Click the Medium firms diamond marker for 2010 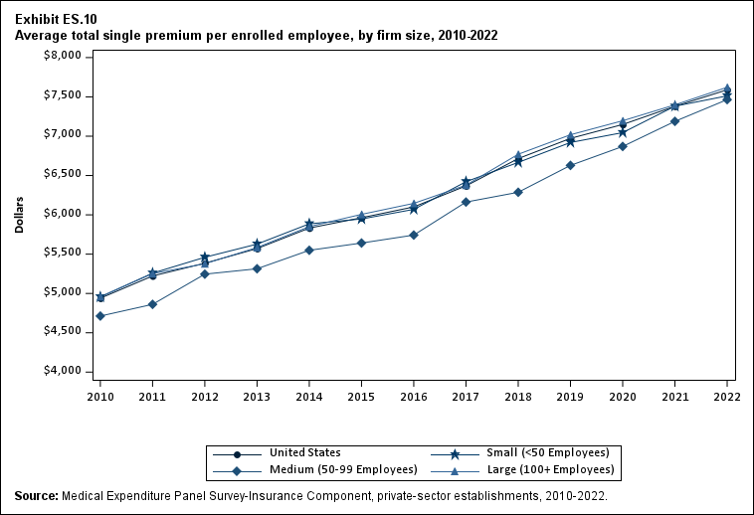(x=100, y=316)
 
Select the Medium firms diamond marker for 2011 (x=152, y=304)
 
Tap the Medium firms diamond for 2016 (x=414, y=235)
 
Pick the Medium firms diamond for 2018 (x=518, y=192)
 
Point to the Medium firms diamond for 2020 (x=623, y=146)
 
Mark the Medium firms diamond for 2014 (x=309, y=250)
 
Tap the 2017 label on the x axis (x=466, y=397)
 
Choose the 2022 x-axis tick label (x=727, y=397)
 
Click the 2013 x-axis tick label (x=257, y=397)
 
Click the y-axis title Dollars (x=20, y=214)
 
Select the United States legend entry (x=304, y=452)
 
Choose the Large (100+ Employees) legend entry (x=546, y=469)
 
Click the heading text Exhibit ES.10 (x=56, y=19)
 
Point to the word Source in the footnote (x=35, y=495)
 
